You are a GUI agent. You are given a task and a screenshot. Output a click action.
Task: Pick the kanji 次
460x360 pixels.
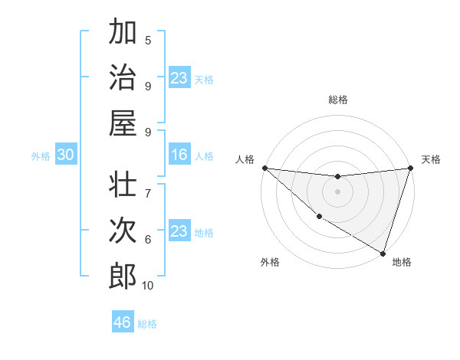pyautogui.click(x=123, y=231)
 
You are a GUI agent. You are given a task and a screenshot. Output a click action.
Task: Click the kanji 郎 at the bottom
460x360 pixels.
pyautogui.click(x=123, y=276)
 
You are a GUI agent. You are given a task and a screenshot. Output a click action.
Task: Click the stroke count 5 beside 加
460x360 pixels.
pyautogui.click(x=148, y=41)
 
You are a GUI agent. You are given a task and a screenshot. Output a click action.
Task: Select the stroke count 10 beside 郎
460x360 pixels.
pyautogui.click(x=148, y=286)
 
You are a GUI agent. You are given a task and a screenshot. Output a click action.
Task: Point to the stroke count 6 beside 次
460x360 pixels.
pyautogui.click(x=148, y=240)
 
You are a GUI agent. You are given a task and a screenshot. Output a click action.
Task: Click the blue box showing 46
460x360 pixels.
pyautogui.click(x=123, y=322)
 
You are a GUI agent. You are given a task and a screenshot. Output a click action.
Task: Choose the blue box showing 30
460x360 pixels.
pyautogui.click(x=66, y=155)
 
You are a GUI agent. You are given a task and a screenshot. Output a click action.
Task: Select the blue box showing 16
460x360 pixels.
pyautogui.click(x=179, y=155)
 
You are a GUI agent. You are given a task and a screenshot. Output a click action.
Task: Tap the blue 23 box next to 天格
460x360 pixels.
pyautogui.click(x=179, y=78)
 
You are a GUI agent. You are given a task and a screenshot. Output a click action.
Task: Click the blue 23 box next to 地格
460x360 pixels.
pyautogui.click(x=179, y=232)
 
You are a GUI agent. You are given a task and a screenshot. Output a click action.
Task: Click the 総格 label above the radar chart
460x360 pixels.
pyautogui.click(x=337, y=100)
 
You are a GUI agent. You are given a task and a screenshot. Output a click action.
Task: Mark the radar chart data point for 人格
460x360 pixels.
pyautogui.click(x=264, y=168)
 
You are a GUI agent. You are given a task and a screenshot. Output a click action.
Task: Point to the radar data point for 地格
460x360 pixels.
pyautogui.click(x=382, y=252)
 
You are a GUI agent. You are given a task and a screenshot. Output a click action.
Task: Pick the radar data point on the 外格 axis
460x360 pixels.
pyautogui.click(x=319, y=217)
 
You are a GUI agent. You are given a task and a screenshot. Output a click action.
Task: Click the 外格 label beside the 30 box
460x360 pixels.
pyautogui.click(x=41, y=156)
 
